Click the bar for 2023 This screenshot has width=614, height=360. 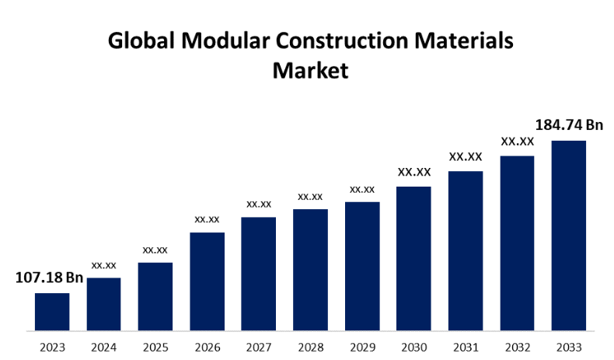pyautogui.click(x=52, y=311)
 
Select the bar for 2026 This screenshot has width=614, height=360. pyautogui.click(x=207, y=281)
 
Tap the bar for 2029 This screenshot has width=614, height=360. pyautogui.click(x=362, y=265)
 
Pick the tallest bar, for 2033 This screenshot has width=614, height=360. pyautogui.click(x=568, y=235)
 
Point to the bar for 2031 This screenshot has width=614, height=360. pyautogui.click(x=466, y=250)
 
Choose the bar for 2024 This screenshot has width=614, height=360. pyautogui.click(x=103, y=303)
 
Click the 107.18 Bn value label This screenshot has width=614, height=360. pyautogui.click(x=49, y=278)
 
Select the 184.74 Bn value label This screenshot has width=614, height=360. pyautogui.click(x=570, y=125)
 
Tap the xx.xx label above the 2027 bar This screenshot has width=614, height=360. pyautogui.click(x=259, y=204)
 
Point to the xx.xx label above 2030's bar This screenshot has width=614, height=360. pyautogui.click(x=413, y=172)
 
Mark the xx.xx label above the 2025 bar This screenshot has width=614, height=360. pyautogui.click(x=155, y=250)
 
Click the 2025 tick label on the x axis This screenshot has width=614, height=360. pyautogui.click(x=155, y=346)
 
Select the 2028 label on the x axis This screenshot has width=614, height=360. pyautogui.click(x=310, y=346)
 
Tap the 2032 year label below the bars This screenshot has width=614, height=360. pyautogui.click(x=517, y=346)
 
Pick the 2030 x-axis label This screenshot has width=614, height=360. pyautogui.click(x=413, y=346)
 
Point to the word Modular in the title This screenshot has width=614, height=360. pyautogui.click(x=225, y=41)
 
